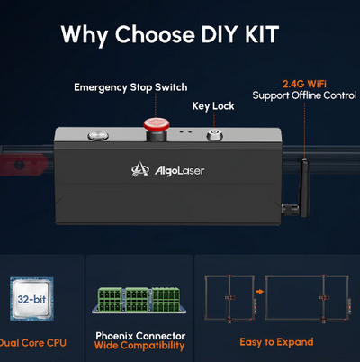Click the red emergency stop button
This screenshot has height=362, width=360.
157,124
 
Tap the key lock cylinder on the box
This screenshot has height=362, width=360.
214,135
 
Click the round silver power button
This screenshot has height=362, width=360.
98,136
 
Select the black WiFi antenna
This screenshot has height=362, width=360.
304,187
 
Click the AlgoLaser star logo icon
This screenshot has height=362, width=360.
140,169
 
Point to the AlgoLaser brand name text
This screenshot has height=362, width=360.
179,171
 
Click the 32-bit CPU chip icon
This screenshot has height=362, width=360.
31,299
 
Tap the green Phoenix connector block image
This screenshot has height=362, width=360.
139,300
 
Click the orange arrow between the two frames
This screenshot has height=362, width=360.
259,291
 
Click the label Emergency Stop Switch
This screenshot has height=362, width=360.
130,87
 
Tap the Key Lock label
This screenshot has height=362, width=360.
213,106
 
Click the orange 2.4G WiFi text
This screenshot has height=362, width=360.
304,84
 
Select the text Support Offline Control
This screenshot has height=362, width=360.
304,95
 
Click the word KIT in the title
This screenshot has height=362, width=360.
262,34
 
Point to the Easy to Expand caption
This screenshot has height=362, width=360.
276,342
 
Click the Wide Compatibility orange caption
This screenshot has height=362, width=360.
139,346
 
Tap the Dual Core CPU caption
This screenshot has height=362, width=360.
33,343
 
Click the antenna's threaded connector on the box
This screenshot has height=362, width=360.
291,209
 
